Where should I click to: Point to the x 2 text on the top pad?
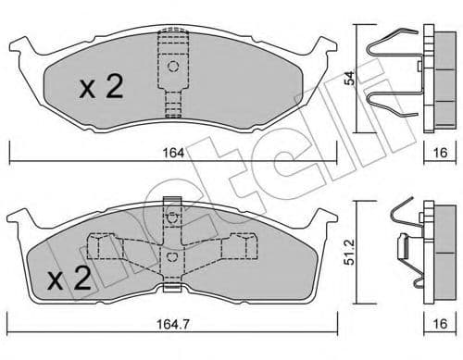pos(99,88)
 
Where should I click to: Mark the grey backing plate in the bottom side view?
pos(429,250)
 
